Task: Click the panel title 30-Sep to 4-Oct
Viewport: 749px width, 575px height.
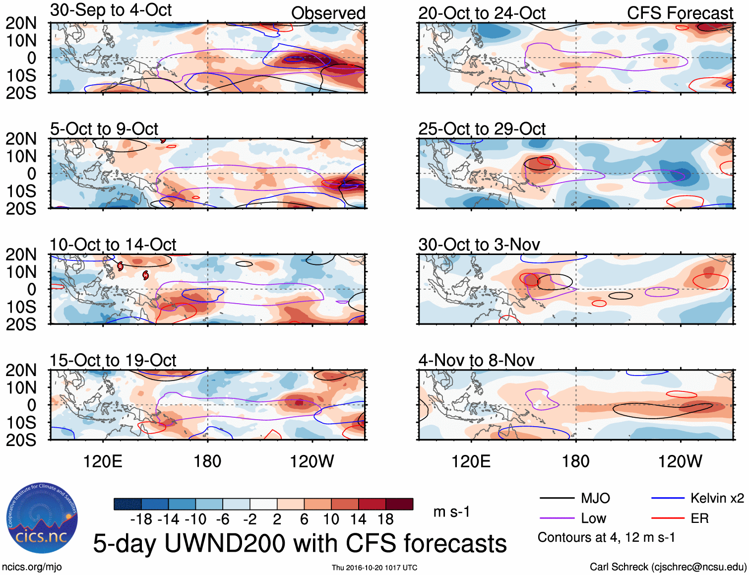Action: pyautogui.click(x=111, y=10)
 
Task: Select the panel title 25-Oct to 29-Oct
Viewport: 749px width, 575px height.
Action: pyautogui.click(x=482, y=129)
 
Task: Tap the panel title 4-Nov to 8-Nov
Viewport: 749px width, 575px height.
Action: pyautogui.click(x=476, y=360)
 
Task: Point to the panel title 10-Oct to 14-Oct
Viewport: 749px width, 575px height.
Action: pyautogui.click(x=113, y=245)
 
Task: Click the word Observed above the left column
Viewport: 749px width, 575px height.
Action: pyautogui.click(x=328, y=13)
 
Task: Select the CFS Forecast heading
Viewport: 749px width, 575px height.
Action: pyautogui.click(x=680, y=13)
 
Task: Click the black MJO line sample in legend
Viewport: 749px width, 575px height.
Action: pyautogui.click(x=557, y=498)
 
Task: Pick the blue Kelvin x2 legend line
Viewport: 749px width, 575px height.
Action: pyautogui.click(x=668, y=498)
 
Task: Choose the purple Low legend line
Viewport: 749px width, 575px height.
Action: pyautogui.click(x=557, y=518)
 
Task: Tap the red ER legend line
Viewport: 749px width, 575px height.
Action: pyautogui.click(x=668, y=518)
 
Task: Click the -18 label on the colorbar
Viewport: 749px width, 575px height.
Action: pyautogui.click(x=141, y=519)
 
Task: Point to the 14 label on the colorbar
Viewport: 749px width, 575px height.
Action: pyautogui.click(x=358, y=519)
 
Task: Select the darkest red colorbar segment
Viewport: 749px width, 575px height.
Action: pyautogui.click(x=399, y=504)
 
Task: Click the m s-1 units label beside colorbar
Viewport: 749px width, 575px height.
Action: pyautogui.click(x=451, y=511)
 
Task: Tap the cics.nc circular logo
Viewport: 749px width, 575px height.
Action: pyautogui.click(x=42, y=518)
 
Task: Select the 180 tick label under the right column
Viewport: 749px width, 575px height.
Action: pyautogui.click(x=575, y=461)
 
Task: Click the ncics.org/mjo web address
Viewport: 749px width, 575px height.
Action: pyautogui.click(x=32, y=567)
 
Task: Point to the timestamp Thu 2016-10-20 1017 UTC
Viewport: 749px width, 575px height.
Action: pyautogui.click(x=374, y=568)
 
